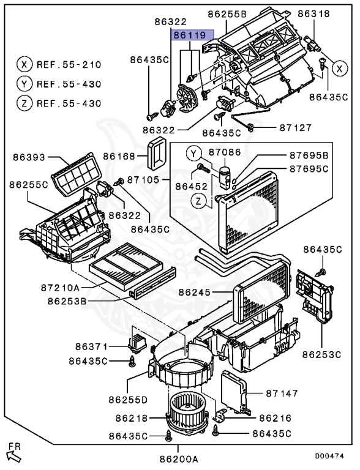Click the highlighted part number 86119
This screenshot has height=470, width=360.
(x=190, y=35)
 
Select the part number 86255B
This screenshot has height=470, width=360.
(x=227, y=14)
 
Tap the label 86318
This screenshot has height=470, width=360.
(x=314, y=13)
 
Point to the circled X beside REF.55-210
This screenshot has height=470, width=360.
(x=24, y=64)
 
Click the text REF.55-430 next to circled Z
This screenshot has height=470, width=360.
(x=69, y=103)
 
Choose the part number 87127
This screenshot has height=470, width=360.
(x=296, y=128)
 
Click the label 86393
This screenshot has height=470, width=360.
(x=29, y=157)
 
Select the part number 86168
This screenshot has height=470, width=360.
(x=119, y=156)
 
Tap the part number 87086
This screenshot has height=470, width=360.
(x=225, y=152)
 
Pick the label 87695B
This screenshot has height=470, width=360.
(x=309, y=155)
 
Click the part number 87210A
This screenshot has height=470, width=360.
(x=60, y=288)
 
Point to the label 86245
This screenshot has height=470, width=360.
(x=195, y=292)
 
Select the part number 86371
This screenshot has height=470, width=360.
(x=91, y=346)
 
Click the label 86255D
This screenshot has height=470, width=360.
(x=128, y=400)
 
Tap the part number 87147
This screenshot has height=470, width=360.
(x=282, y=393)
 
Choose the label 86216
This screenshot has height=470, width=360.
(x=275, y=418)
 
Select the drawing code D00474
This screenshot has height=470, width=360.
(x=329, y=456)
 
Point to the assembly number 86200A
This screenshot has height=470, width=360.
(x=179, y=459)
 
